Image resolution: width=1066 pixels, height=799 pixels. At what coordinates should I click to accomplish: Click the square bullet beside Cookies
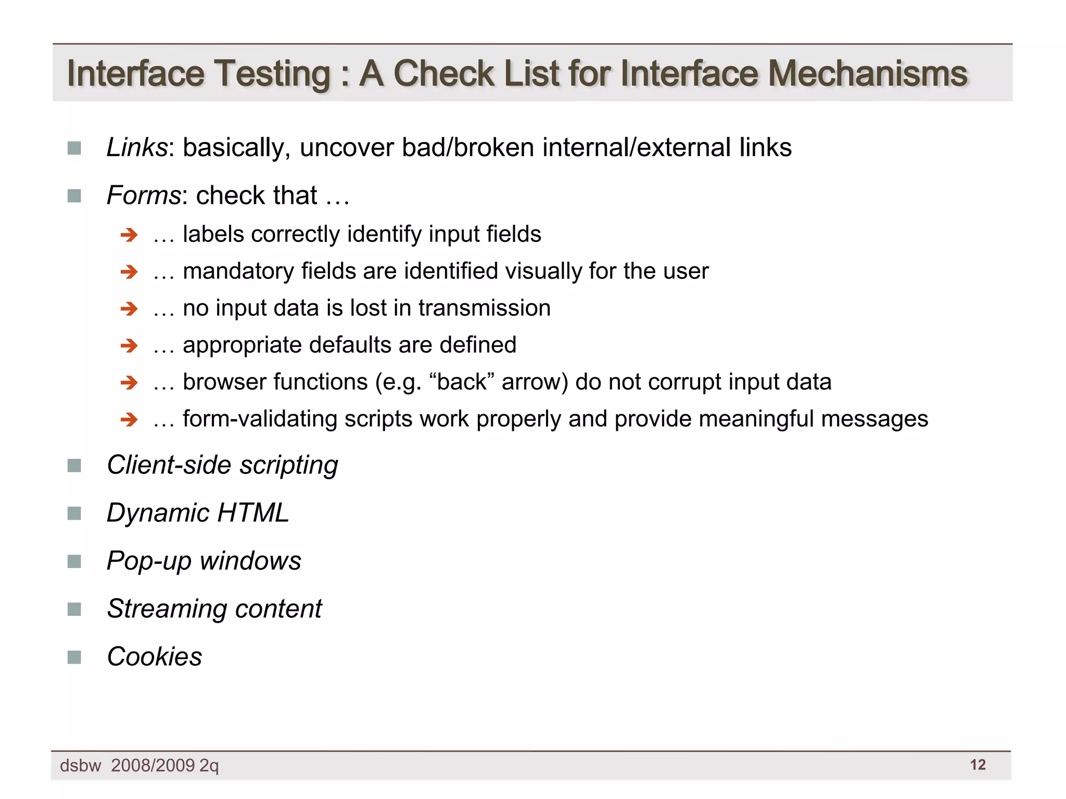[x=74, y=657]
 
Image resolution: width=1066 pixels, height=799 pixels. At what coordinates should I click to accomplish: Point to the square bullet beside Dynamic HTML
[x=74, y=513]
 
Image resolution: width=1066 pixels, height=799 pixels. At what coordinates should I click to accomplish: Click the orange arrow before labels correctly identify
[x=129, y=235]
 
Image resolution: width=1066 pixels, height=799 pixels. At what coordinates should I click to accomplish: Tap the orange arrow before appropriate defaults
[x=129, y=346]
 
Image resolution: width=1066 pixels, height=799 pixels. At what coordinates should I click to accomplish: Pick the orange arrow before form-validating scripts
[x=129, y=420]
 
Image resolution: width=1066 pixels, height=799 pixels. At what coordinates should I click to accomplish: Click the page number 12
[x=978, y=765]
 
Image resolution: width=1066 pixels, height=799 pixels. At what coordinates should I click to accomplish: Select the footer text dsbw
[x=81, y=766]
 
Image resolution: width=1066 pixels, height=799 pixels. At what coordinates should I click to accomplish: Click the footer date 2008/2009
[x=153, y=765]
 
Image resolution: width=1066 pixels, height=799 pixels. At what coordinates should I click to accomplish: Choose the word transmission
[x=484, y=308]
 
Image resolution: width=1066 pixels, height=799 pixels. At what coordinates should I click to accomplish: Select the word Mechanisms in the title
[x=867, y=73]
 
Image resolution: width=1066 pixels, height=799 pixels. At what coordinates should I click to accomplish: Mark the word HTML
[x=253, y=513]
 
